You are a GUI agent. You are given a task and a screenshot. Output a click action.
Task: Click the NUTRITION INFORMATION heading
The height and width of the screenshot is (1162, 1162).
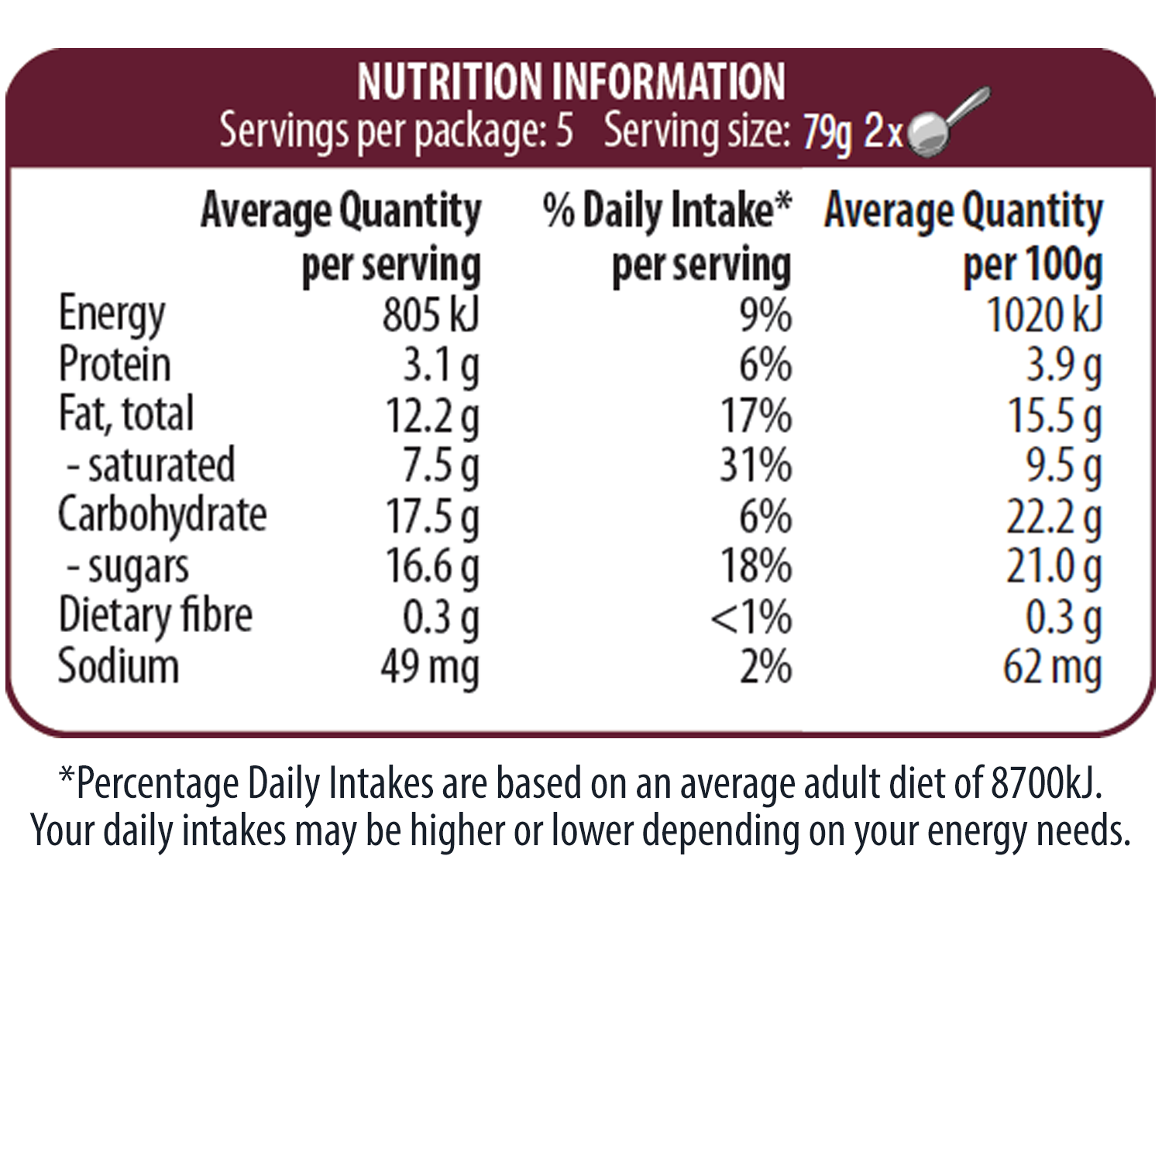tap(571, 82)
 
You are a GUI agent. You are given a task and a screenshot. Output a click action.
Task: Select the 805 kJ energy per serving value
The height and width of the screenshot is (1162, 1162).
tap(431, 315)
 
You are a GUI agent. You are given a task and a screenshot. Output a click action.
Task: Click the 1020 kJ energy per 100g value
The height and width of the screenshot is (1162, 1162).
tap(1043, 315)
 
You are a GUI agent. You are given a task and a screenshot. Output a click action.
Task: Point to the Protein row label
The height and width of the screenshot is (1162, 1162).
tap(115, 365)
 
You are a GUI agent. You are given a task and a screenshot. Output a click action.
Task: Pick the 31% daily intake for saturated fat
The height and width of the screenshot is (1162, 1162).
tap(755, 466)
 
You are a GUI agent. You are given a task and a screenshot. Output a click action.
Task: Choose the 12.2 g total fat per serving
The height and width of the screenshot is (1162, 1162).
tap(432, 416)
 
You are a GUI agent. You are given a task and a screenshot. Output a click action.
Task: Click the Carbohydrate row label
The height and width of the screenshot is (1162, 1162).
tap(163, 515)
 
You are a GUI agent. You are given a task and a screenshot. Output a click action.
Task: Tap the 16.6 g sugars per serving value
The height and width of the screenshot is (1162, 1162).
tap(432, 566)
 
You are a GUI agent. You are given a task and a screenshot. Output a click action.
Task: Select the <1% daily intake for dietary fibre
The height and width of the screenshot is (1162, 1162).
tap(751, 617)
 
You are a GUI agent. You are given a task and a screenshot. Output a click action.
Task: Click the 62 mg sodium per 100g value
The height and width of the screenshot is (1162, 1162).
tap(1051, 667)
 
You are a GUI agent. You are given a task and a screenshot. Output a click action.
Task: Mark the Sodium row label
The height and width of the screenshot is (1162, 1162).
tap(119, 667)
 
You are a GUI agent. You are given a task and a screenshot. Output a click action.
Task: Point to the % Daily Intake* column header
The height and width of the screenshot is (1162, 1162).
tap(667, 211)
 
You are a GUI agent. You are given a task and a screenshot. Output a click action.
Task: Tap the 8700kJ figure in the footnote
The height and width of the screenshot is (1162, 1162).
tap(1045, 783)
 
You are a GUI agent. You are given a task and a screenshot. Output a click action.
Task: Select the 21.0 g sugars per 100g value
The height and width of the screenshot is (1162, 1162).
tap(1054, 566)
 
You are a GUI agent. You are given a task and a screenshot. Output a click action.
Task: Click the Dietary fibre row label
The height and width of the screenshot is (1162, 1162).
tap(156, 616)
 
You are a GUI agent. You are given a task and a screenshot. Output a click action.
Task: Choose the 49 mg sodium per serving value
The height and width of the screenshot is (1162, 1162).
tap(430, 667)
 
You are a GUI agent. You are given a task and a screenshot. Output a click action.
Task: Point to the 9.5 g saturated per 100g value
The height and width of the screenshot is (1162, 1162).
tap(1063, 466)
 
